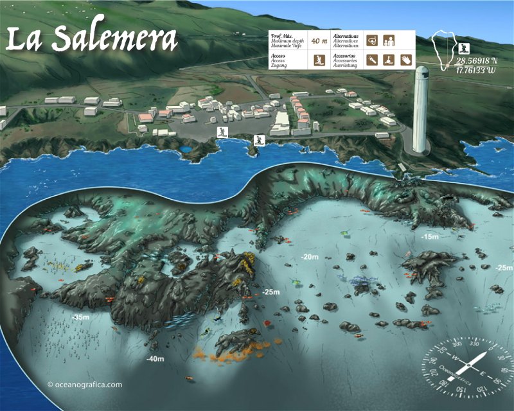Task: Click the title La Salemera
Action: click(x=91, y=39)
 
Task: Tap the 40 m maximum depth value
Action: click(x=319, y=41)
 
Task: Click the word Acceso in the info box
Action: click(x=279, y=56)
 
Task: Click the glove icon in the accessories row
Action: click(x=405, y=61)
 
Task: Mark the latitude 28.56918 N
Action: click(x=476, y=62)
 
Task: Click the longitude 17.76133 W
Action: click(x=476, y=70)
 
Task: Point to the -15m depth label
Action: click(x=430, y=237)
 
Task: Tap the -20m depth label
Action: click(x=310, y=257)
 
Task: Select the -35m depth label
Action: click(x=81, y=317)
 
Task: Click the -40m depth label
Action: click(x=155, y=358)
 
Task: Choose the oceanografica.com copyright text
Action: click(x=84, y=385)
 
